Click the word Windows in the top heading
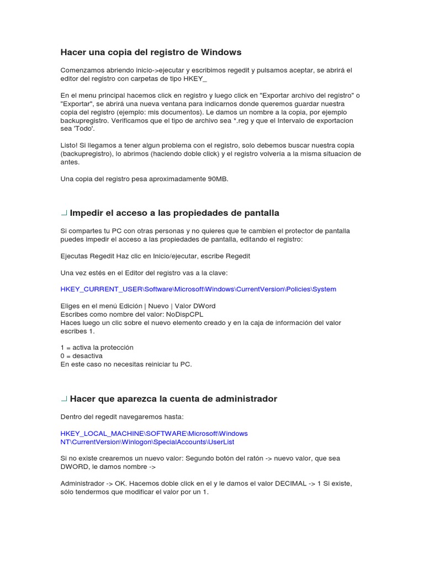click(x=221, y=52)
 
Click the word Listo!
click(x=70, y=146)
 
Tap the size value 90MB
click(x=216, y=179)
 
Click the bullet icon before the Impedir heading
click(x=64, y=212)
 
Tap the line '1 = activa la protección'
click(x=97, y=348)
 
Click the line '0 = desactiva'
click(x=81, y=356)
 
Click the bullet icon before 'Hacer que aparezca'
click(x=64, y=398)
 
